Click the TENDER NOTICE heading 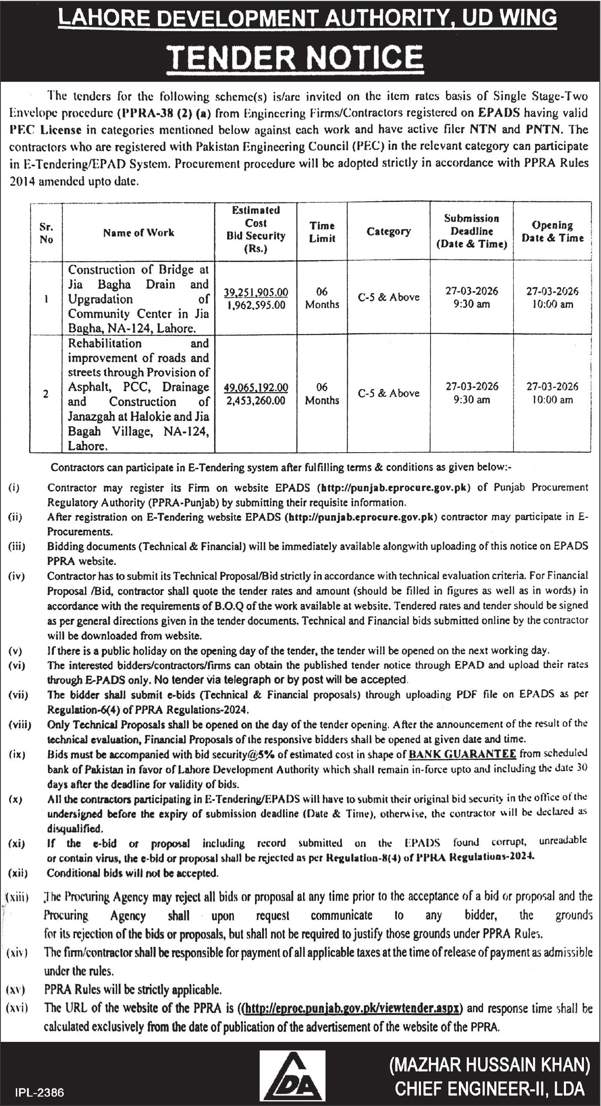click(x=295, y=57)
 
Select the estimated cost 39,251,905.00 click(x=256, y=292)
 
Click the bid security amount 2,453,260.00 click(x=256, y=401)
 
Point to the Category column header click(x=388, y=232)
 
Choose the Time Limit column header click(x=322, y=232)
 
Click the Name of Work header click(x=138, y=233)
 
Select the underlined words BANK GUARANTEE click(x=462, y=754)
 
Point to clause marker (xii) click(x=18, y=873)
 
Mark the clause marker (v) click(x=15, y=651)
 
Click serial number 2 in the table click(x=45, y=394)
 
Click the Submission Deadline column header click(x=471, y=232)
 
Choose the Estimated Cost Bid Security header click(x=255, y=230)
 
